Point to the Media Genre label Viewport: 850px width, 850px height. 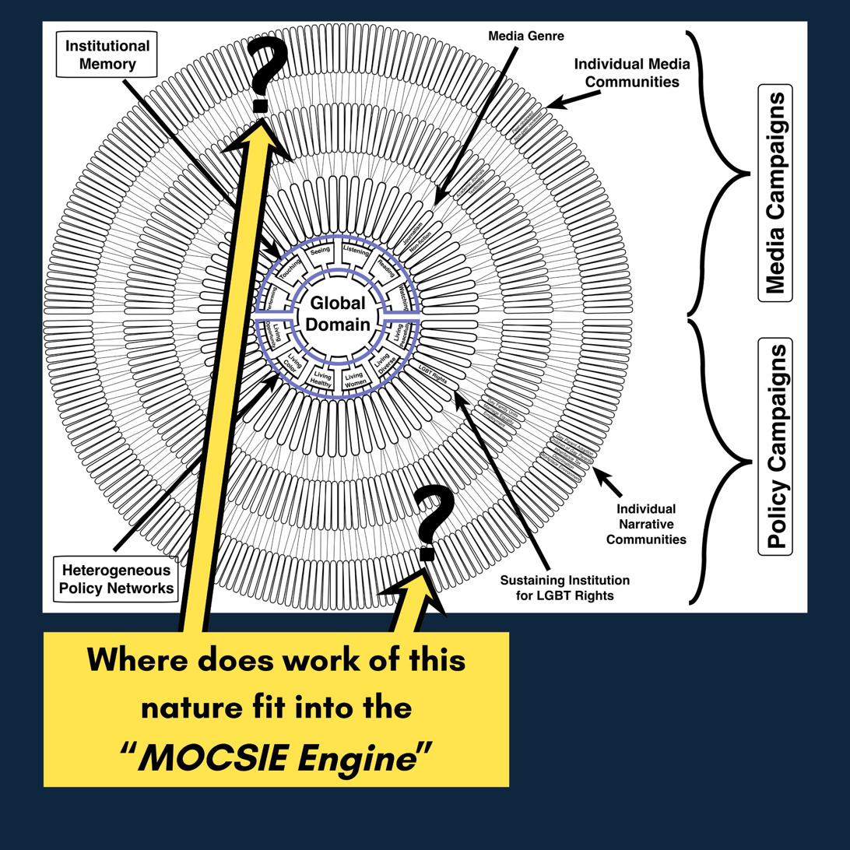tap(525, 36)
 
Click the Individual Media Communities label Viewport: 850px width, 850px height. tap(631, 72)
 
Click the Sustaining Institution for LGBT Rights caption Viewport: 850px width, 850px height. tap(564, 588)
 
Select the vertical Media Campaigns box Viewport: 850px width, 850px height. tap(774, 192)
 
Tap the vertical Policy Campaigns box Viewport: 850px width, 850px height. tap(774, 446)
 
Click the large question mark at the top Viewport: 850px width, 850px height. tap(265, 73)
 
